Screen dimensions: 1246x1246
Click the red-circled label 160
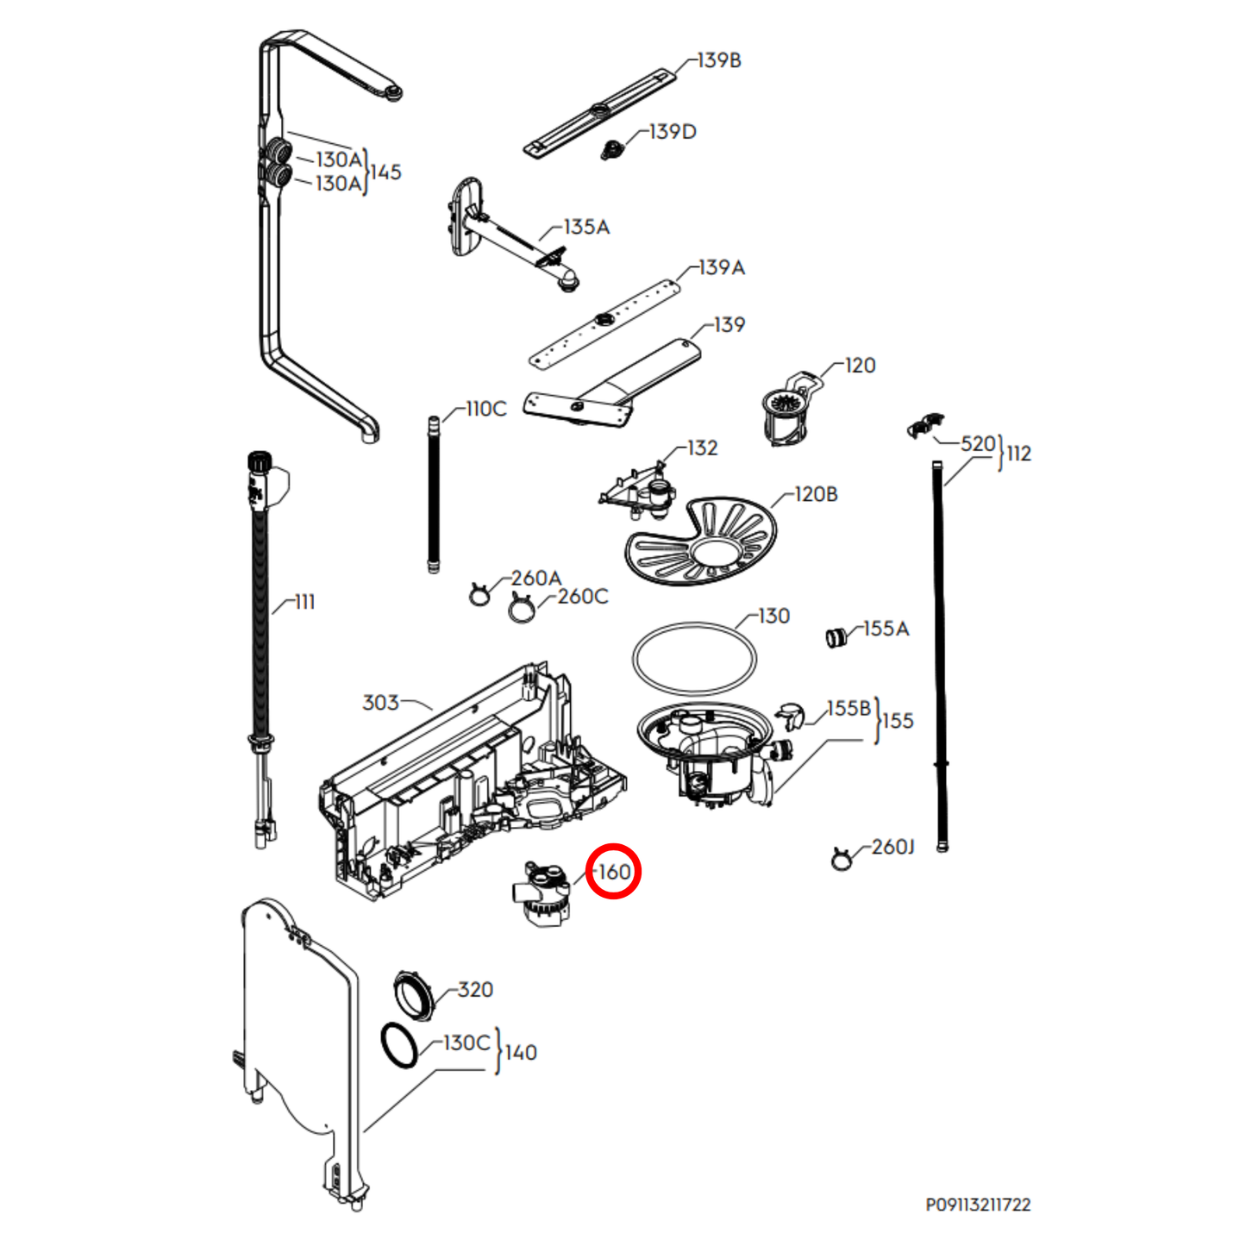[613, 872]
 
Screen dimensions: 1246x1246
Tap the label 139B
[718, 60]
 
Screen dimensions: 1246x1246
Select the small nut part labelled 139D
[611, 151]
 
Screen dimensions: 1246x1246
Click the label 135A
[586, 227]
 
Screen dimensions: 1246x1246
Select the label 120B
[815, 494]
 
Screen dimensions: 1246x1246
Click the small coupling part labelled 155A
[836, 638]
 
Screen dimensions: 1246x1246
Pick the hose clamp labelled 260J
[841, 859]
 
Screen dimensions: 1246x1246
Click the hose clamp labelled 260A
[479, 593]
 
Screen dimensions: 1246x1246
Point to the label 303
[380, 703]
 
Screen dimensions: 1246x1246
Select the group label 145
[385, 172]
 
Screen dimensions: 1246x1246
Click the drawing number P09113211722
[978, 1205]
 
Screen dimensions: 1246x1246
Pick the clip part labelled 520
[925, 426]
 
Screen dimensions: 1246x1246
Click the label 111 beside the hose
[304, 602]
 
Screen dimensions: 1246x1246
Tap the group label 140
[521, 1052]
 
